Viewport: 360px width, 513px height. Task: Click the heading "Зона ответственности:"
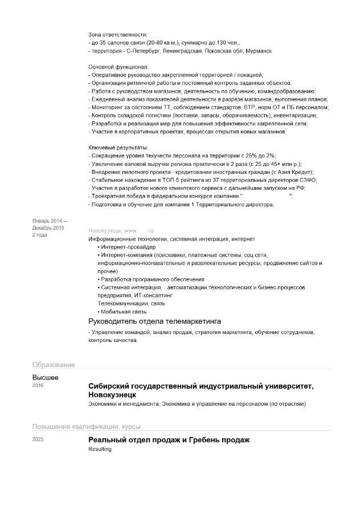pos(117,35)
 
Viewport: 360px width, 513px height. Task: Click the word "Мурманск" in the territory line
pos(259,51)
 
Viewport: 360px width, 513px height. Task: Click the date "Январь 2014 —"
pos(50,221)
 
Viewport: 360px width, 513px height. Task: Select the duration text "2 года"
pos(40,235)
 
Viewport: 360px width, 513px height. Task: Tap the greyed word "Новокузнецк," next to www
pos(105,230)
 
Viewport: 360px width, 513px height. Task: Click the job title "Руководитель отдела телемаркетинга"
pos(154,322)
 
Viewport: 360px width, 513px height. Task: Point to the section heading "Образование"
pos(54,365)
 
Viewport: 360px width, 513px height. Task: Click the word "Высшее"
pos(46,377)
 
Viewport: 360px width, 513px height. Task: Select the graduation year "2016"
pos(38,386)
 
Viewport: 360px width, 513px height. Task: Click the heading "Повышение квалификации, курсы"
pos(86,426)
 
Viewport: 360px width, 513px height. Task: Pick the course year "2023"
pos(38,439)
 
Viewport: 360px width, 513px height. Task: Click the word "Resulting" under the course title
pos(100,449)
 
